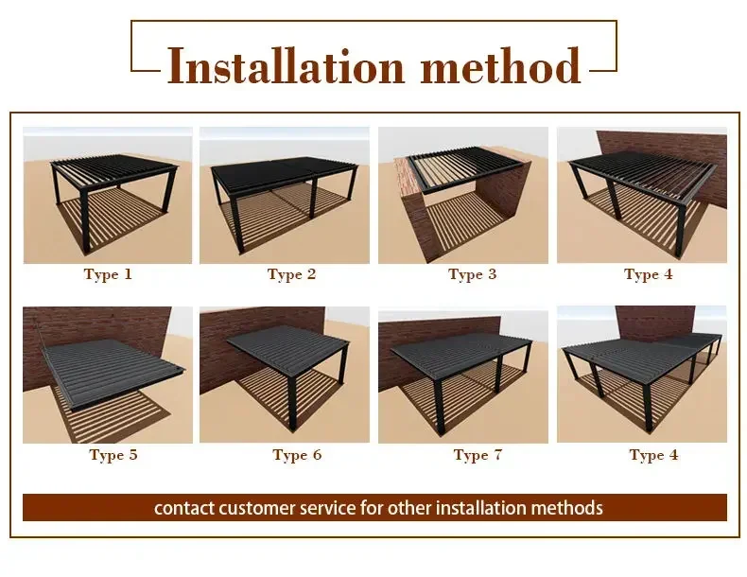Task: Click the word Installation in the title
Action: (x=286, y=67)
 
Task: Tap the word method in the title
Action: (x=501, y=66)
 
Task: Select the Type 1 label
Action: (x=108, y=274)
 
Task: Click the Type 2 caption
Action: (x=291, y=274)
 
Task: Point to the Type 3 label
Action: (x=472, y=274)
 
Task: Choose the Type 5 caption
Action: (x=113, y=455)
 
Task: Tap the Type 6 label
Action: (x=297, y=455)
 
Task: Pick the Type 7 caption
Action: (x=478, y=455)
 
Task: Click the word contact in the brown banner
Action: (x=184, y=508)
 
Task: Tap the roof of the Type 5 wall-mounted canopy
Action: (x=114, y=372)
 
